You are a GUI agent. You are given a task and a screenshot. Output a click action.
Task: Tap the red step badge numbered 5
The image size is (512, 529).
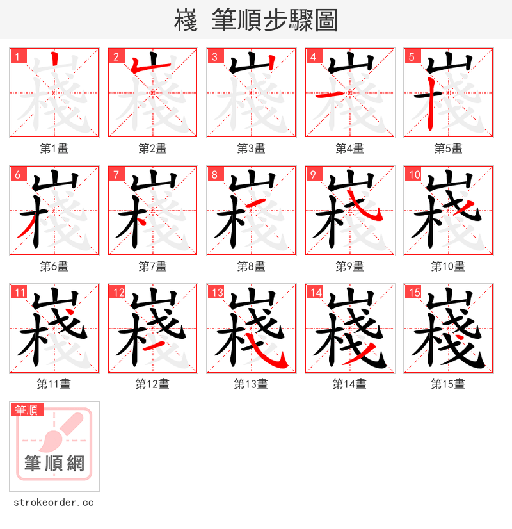click(411, 57)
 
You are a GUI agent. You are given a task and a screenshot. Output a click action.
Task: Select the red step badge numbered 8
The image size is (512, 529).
click(214, 175)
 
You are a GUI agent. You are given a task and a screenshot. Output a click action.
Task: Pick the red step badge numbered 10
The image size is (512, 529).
click(413, 175)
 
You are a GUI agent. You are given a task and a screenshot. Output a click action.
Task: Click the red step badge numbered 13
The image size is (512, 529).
click(216, 293)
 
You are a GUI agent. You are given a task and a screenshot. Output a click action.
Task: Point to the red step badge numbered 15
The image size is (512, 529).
click(413, 293)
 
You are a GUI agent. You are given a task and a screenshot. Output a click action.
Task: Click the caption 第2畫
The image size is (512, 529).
click(152, 149)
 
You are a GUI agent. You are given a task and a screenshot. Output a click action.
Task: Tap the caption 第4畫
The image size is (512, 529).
click(349, 149)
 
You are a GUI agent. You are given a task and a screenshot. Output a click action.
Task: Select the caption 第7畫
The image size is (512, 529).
click(152, 266)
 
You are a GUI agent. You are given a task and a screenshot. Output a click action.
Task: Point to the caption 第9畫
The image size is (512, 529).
click(349, 266)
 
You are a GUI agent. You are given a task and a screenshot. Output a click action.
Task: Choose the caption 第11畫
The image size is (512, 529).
click(54, 384)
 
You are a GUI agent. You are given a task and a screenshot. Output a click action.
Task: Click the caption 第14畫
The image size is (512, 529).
click(349, 384)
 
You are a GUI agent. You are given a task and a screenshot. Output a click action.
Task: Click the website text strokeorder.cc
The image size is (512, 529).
click(53, 503)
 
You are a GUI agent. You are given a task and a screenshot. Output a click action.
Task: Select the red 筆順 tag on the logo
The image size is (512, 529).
click(27, 410)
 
